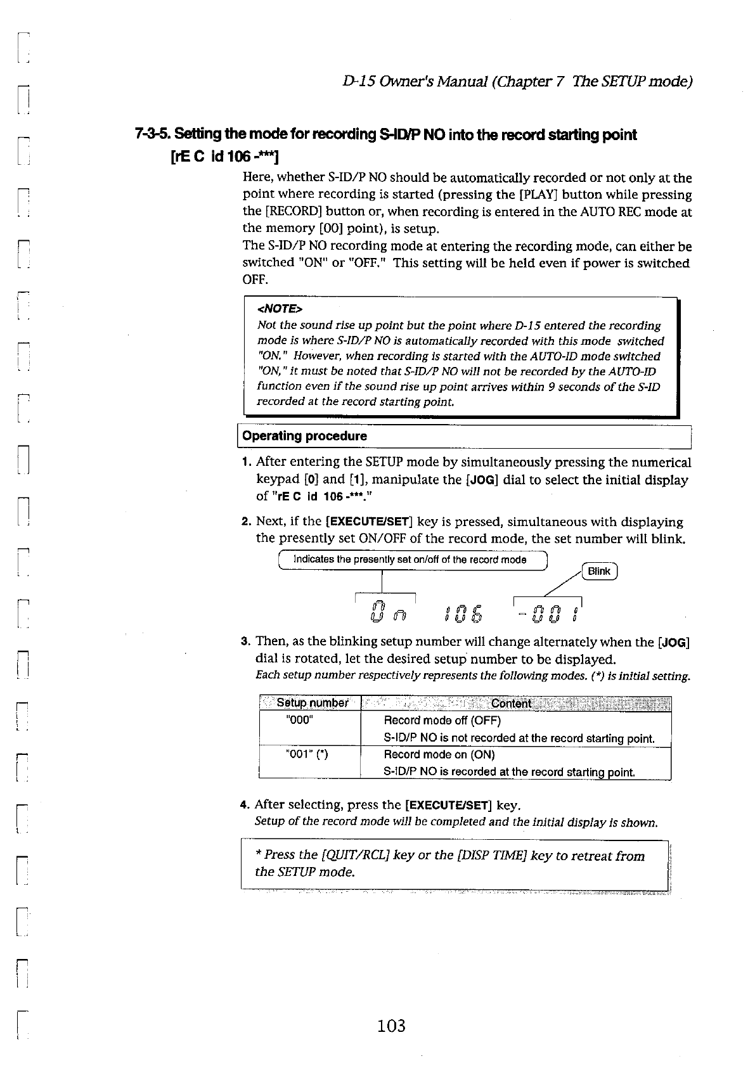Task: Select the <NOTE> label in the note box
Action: [280, 309]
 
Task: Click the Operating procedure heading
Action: [305, 436]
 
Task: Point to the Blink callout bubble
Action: [599, 571]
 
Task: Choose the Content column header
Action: [512, 703]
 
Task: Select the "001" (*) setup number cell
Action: [307, 754]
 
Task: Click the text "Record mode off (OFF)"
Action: [442, 721]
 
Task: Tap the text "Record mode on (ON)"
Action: [439, 754]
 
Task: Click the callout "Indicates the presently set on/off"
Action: [410, 560]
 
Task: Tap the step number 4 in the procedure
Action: [244, 806]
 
